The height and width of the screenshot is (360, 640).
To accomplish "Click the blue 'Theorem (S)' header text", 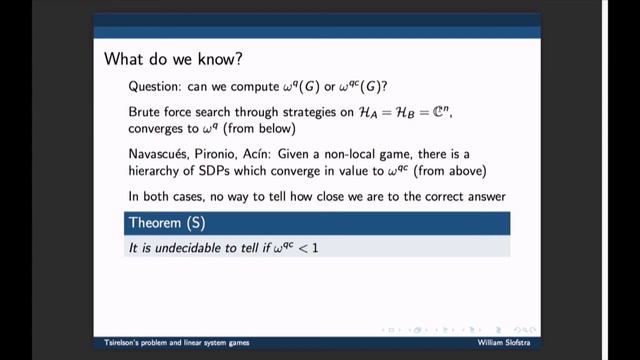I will point(166,222).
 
